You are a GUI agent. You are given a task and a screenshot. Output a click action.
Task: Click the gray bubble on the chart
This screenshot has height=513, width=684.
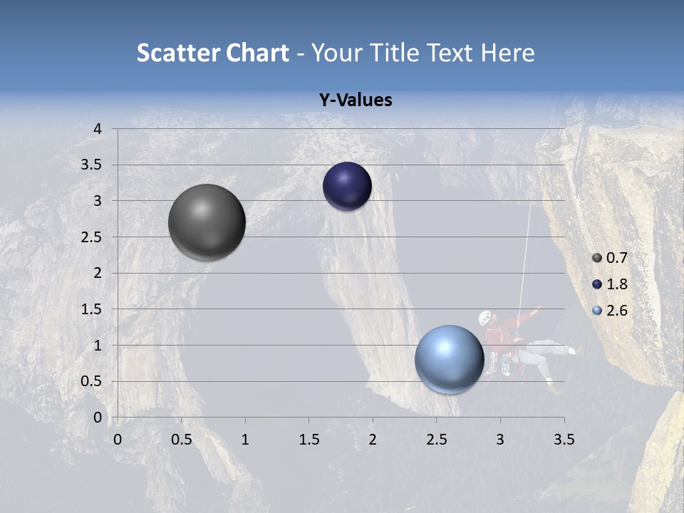click(207, 222)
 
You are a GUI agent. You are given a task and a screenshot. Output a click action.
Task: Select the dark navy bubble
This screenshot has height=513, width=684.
click(347, 187)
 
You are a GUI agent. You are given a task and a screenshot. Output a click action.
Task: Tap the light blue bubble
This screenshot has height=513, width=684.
click(449, 359)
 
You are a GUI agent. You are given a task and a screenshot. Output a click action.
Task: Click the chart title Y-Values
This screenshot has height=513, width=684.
click(355, 100)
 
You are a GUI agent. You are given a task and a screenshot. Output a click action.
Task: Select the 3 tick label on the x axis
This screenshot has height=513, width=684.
click(499, 440)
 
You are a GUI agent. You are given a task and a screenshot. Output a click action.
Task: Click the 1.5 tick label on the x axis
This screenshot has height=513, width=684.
click(309, 440)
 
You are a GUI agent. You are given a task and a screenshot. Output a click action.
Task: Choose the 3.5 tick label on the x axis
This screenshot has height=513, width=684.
click(564, 440)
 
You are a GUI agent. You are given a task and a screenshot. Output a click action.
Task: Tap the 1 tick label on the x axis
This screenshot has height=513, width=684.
click(245, 440)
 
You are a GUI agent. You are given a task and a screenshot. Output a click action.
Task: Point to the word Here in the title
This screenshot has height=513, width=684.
click(507, 53)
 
